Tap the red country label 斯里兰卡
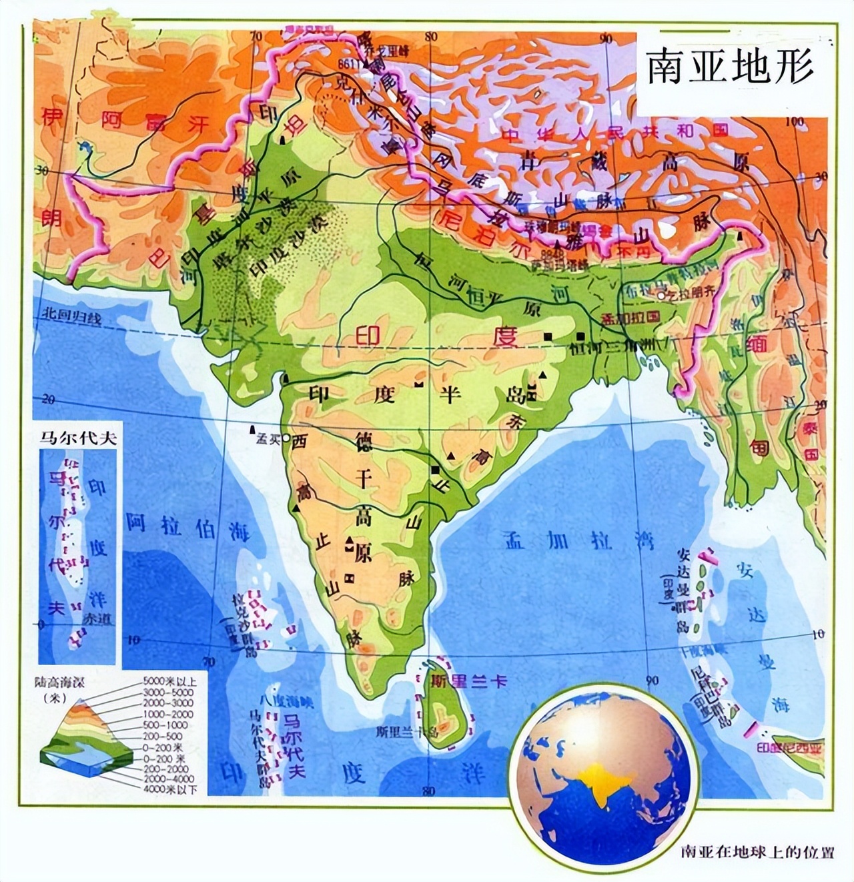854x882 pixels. pyautogui.click(x=469, y=681)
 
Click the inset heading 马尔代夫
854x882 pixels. pyautogui.click(x=77, y=438)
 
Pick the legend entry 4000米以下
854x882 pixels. pyautogui.click(x=170, y=789)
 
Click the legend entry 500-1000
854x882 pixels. pyautogui.click(x=165, y=725)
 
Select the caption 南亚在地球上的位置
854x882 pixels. pyautogui.click(x=757, y=852)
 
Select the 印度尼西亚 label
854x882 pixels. pyautogui.click(x=789, y=748)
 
